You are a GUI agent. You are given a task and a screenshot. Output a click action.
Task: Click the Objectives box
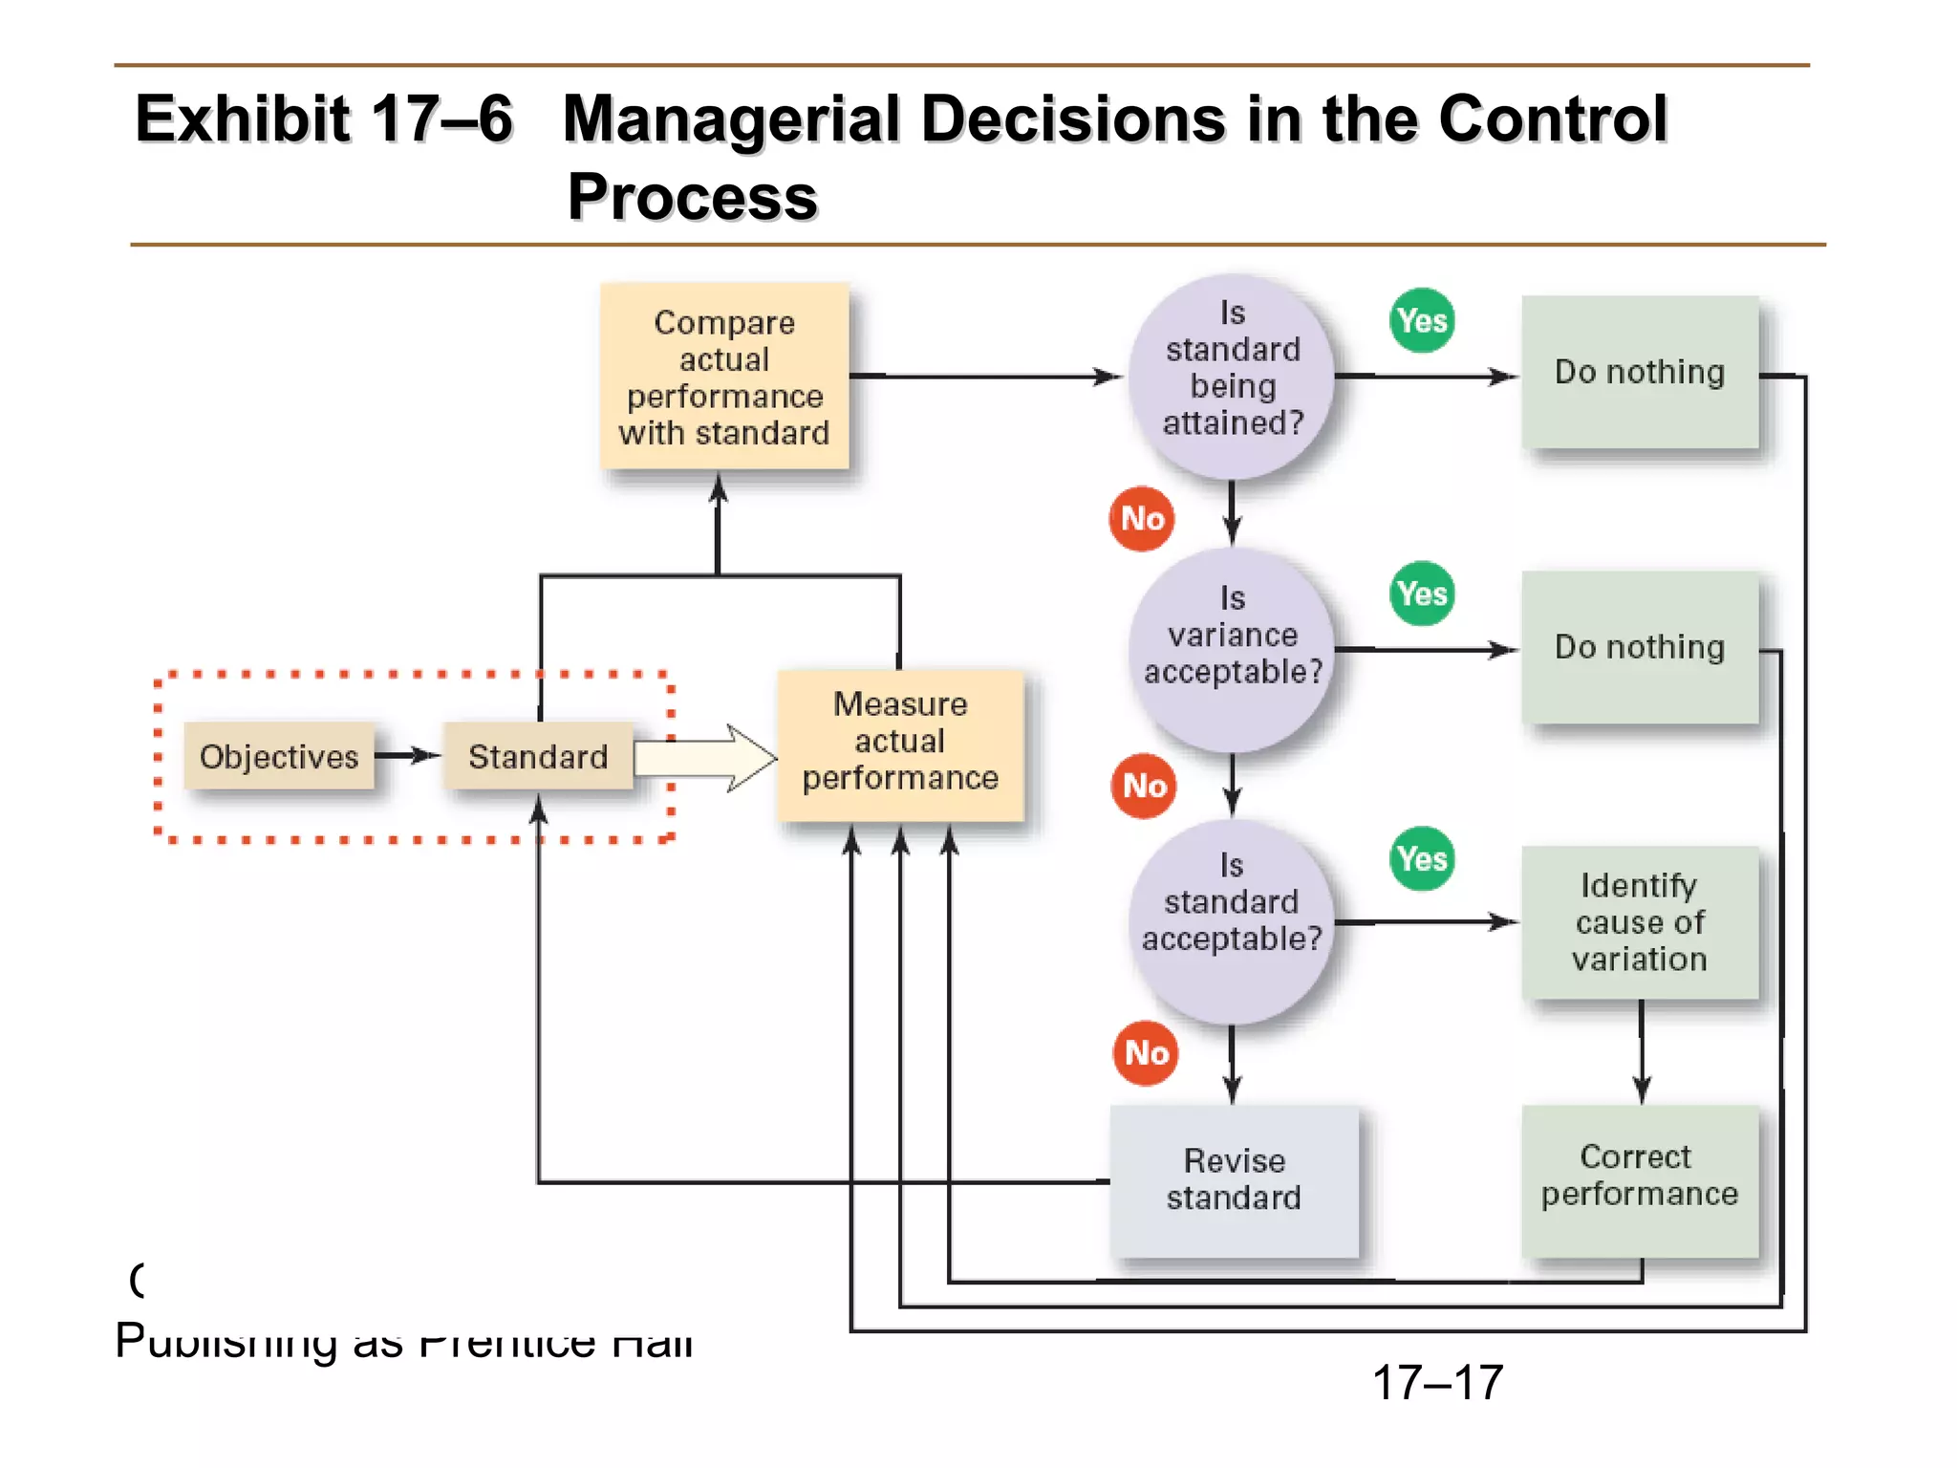pyautogui.click(x=279, y=756)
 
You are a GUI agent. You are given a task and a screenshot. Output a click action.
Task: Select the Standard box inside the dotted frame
pyautogui.click(x=538, y=756)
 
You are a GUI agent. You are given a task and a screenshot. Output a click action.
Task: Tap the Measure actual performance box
pyautogui.click(x=900, y=743)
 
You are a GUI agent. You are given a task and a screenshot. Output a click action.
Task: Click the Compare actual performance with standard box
pyautogui.click(x=724, y=377)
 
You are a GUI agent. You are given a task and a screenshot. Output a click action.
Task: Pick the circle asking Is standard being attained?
pyautogui.click(x=1232, y=377)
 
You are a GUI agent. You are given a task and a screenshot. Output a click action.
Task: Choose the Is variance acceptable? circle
pyautogui.click(x=1232, y=650)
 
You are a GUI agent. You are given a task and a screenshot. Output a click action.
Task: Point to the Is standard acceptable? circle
pyautogui.click(x=1232, y=920)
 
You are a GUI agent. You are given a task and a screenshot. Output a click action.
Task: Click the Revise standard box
pyautogui.click(x=1234, y=1179)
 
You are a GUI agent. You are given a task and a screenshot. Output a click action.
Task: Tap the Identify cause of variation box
pyautogui.click(x=1639, y=921)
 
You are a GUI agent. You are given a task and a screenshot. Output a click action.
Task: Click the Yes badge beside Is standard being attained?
pyautogui.click(x=1422, y=320)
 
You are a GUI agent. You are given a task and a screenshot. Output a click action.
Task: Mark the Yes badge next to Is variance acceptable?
pyautogui.click(x=1422, y=594)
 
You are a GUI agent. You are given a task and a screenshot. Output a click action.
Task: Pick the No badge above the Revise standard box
pyautogui.click(x=1146, y=1052)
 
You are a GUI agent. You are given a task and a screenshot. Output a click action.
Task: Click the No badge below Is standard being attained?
pyautogui.click(x=1142, y=519)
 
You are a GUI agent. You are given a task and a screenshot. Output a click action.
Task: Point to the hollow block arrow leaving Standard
pyautogui.click(x=707, y=758)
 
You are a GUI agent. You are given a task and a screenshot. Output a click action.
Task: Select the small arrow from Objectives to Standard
pyautogui.click(x=408, y=756)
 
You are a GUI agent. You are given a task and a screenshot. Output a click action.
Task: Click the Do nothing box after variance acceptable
pyautogui.click(x=1639, y=647)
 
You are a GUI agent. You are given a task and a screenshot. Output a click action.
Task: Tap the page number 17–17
pyautogui.click(x=1437, y=1382)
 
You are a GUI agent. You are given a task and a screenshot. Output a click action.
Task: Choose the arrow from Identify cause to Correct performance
pyautogui.click(x=1642, y=1051)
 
